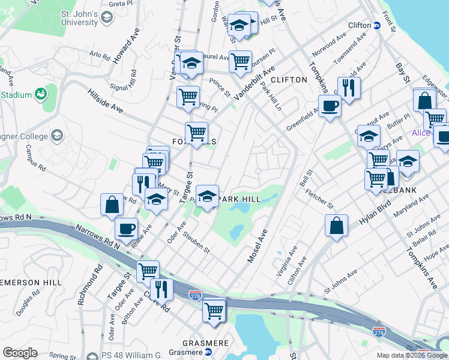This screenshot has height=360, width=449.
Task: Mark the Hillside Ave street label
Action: pos(105,101)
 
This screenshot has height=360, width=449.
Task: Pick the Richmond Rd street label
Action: pos(82,289)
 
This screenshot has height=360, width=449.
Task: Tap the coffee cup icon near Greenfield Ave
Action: pos(329,106)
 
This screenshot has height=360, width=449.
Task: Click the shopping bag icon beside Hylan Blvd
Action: pos(337,226)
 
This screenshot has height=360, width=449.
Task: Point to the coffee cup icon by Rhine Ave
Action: pos(126,228)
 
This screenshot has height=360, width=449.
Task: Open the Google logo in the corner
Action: pos(20,353)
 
